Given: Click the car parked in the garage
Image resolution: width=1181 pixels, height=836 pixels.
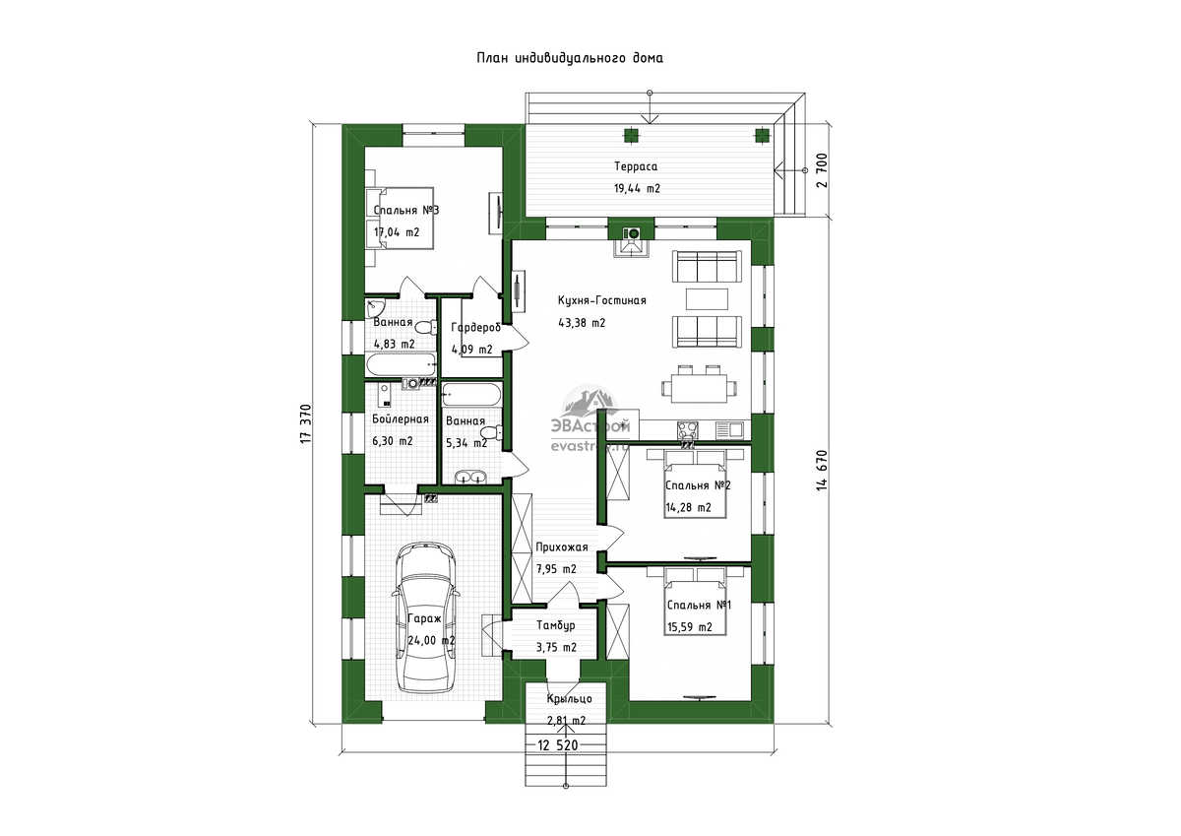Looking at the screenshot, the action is pyautogui.click(x=425, y=617).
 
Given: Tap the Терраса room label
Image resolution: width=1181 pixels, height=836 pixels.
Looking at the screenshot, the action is pyautogui.click(x=636, y=166).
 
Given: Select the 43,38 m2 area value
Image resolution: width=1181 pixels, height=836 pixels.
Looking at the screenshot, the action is pyautogui.click(x=582, y=323).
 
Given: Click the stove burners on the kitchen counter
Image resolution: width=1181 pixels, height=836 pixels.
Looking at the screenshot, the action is pyautogui.click(x=688, y=430).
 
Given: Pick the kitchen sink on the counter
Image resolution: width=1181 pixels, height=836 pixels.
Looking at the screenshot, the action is pyautogui.click(x=729, y=430).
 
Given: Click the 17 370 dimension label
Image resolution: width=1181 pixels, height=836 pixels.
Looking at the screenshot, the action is pyautogui.click(x=306, y=423).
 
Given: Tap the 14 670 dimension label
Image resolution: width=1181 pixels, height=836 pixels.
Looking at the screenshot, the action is pyautogui.click(x=822, y=470).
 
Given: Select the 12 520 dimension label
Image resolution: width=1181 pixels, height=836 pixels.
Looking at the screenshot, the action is pyautogui.click(x=558, y=744).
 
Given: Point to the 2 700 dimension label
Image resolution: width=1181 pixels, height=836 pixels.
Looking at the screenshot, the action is pyautogui.click(x=822, y=170).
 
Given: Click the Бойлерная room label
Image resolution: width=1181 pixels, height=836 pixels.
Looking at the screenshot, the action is pyautogui.click(x=401, y=419).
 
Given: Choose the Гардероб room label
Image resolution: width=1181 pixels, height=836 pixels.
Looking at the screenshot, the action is pyautogui.click(x=475, y=328).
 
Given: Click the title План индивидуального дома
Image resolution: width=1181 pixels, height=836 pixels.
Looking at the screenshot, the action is pyautogui.click(x=570, y=58).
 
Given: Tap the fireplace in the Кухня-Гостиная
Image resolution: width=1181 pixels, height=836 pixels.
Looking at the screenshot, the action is pyautogui.click(x=631, y=244).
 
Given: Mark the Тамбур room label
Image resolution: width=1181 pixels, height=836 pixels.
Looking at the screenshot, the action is pyautogui.click(x=556, y=625).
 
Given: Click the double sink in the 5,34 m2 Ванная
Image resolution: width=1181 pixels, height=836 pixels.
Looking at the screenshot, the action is pyautogui.click(x=469, y=477).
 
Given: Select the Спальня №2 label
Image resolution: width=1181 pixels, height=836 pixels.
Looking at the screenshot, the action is pyautogui.click(x=698, y=485).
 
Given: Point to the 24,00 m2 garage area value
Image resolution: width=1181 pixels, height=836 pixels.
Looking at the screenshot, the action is pyautogui.click(x=431, y=640).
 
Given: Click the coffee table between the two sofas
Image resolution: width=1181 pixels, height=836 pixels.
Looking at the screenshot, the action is pyautogui.click(x=707, y=299).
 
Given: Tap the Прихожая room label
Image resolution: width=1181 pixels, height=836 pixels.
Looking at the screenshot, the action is pyautogui.click(x=562, y=547).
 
